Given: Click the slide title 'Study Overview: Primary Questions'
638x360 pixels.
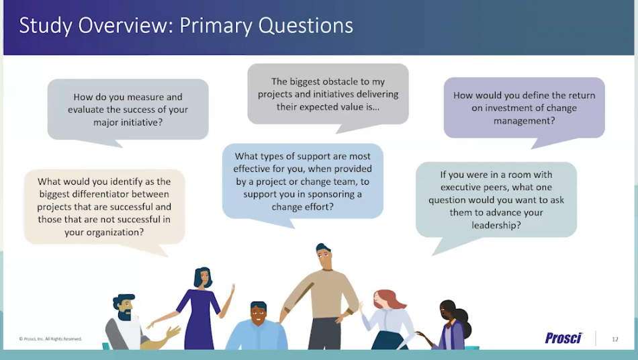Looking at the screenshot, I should pyautogui.click(x=186, y=26).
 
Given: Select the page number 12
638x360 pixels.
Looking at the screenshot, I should pyautogui.click(x=614, y=339).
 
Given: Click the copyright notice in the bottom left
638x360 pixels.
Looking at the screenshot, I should pyautogui.click(x=50, y=339).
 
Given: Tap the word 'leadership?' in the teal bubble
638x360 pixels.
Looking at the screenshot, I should pyautogui.click(x=496, y=225).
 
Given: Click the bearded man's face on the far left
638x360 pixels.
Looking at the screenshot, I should pyautogui.click(x=124, y=309).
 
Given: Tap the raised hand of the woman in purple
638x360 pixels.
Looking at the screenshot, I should pyautogui.click(x=232, y=289).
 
